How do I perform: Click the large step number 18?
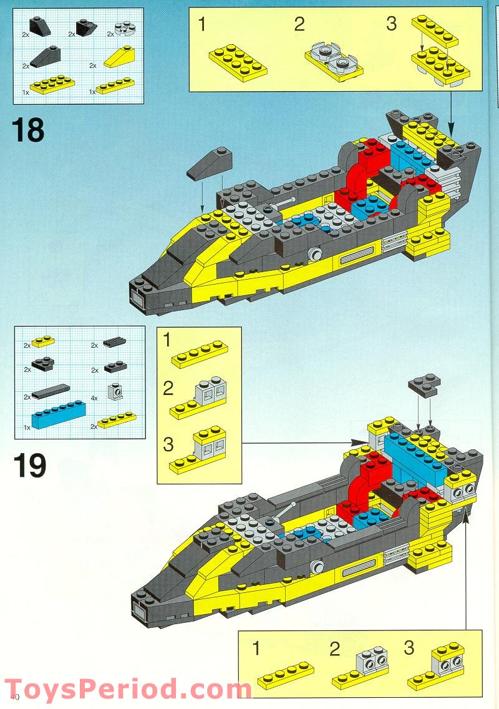[28, 130]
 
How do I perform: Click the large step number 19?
[29, 466]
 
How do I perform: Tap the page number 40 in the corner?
[15, 697]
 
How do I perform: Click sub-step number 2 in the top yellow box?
[299, 25]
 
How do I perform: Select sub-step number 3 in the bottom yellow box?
[409, 647]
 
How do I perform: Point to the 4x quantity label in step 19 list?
[94, 398]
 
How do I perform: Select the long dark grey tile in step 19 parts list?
[56, 391]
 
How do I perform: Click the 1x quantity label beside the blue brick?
[27, 428]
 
